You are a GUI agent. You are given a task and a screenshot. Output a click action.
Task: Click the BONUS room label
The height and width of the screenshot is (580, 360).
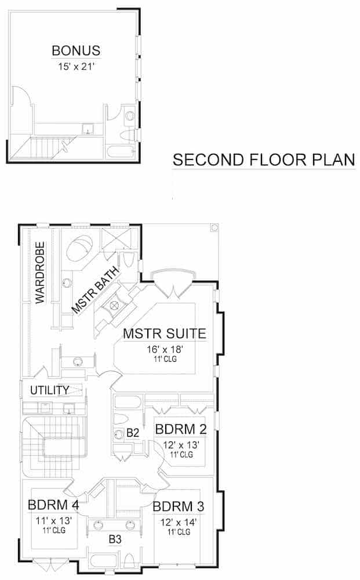76,50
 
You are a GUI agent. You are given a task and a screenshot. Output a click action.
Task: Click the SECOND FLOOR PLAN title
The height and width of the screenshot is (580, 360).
264,160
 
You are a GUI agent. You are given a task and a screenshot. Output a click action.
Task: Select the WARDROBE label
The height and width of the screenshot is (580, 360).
40,273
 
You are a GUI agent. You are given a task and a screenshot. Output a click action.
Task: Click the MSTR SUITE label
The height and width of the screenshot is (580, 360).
165,334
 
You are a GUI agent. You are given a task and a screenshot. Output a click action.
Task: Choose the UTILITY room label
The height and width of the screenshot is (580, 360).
50,390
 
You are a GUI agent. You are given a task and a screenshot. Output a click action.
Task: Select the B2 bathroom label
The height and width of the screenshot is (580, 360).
133,433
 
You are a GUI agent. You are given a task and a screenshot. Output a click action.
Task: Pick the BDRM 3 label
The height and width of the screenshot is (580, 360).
179,506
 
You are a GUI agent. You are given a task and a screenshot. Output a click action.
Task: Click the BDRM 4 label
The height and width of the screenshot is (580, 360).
53,505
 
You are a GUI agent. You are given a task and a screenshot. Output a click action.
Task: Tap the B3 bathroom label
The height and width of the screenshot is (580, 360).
115,539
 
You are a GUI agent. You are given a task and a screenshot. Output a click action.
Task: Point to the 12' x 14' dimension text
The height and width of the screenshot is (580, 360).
179,521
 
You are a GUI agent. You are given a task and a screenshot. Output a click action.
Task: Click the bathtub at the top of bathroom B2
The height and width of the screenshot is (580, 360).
126,401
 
